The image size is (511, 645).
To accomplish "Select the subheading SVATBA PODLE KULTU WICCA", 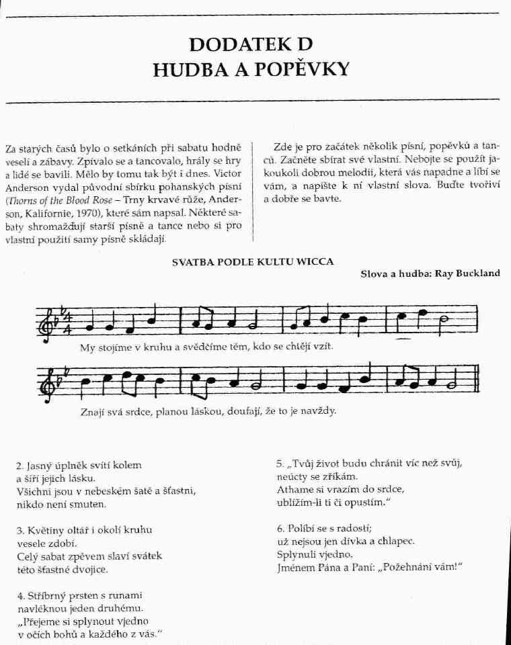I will pyautogui.click(x=253, y=262).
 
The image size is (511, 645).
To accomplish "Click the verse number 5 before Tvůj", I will pyautogui.click(x=279, y=464).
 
